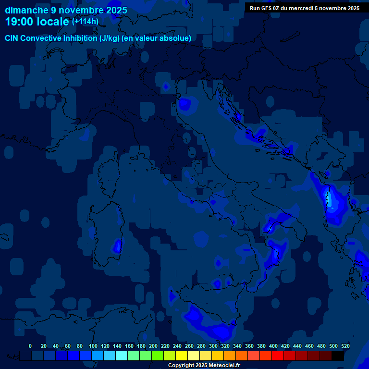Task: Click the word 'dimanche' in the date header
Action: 23,10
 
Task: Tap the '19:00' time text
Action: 21,22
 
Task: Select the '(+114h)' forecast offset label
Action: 85,22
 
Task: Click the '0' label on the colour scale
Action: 30,346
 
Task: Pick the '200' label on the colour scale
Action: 153,346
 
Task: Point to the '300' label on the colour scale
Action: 213,346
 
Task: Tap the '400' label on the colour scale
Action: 273,346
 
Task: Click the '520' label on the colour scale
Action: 345,346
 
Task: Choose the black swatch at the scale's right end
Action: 338,356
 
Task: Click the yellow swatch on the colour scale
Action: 182,356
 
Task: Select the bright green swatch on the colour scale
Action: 158,356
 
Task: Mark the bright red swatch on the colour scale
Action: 278,356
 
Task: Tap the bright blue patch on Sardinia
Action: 117,246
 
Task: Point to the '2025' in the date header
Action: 117,10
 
